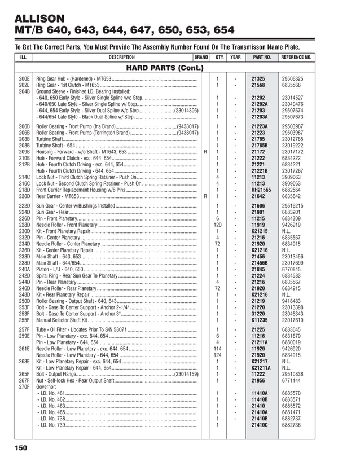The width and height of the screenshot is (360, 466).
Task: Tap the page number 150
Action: tap(21, 448)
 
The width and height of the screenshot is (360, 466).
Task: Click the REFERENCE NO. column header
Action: tap(296, 58)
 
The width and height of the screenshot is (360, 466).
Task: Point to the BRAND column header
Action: tap(201, 58)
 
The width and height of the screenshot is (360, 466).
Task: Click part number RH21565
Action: tap(261, 190)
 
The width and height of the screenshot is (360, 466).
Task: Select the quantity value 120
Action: tap(217, 225)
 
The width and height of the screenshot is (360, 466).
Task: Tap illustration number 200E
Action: tap(24, 78)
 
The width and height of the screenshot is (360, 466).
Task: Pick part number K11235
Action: tap(260, 320)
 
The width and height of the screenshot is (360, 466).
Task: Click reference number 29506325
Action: tap(293, 78)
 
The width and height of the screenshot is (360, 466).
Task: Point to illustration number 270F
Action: tap(24, 386)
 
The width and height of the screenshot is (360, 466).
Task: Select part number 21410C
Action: tap(260, 424)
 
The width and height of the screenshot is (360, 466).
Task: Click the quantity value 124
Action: tap(217, 355)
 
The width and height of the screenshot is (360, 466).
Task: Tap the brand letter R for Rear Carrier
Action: tap(205, 196)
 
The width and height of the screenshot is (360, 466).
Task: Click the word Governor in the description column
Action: tap(46, 386)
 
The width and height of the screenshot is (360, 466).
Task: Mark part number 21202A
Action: tap(260, 104)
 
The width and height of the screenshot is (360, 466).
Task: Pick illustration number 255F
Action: tap(24, 320)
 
